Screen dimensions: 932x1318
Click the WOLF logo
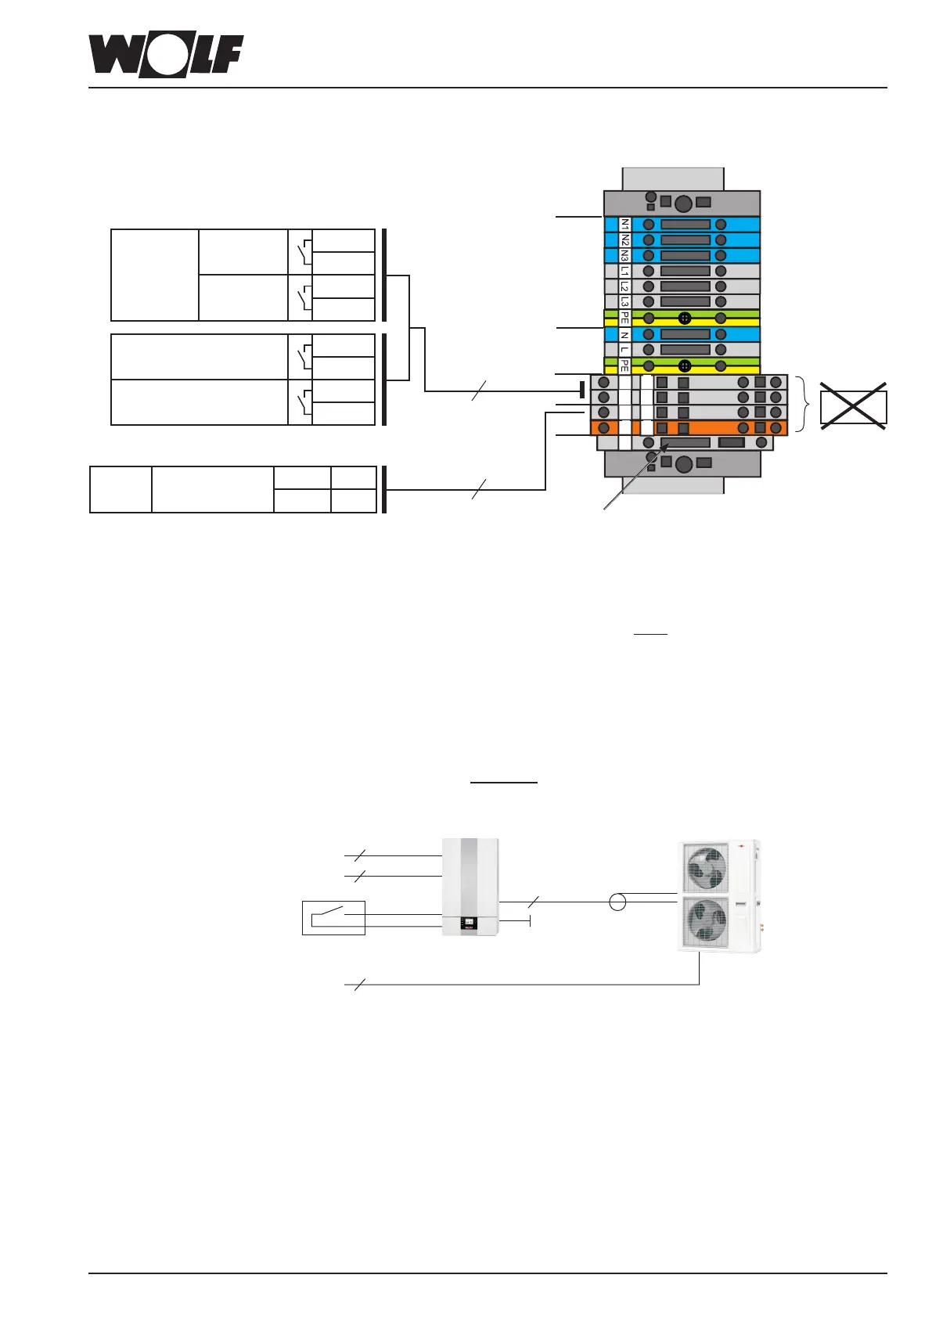click(166, 56)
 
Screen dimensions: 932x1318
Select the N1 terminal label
click(625, 225)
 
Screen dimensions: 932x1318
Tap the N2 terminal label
click(625, 240)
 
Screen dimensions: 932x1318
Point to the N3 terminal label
click(625, 255)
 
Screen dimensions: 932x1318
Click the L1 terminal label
click(625, 272)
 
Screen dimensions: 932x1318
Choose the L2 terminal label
click(625, 286)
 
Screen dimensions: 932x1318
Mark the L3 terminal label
click(625, 301)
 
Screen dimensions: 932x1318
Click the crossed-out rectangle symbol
click(853, 406)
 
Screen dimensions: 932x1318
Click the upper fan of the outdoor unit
click(704, 869)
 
